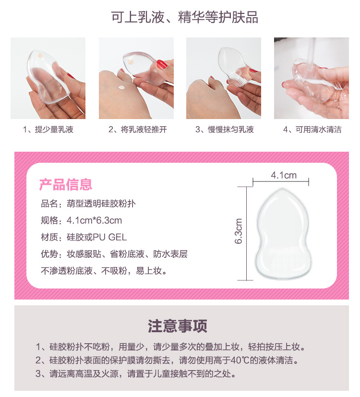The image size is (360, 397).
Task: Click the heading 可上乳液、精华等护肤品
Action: tap(184, 18)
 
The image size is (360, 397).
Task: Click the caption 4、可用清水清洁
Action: tap(312, 130)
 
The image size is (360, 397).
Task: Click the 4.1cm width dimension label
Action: tap(283, 175)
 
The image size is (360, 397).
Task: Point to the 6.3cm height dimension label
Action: tap(239, 232)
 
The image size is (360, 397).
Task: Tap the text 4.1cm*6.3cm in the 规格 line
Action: tap(95, 221)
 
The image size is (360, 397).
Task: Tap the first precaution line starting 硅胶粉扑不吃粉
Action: tap(170, 347)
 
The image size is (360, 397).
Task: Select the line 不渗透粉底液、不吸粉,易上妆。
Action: tap(104, 271)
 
